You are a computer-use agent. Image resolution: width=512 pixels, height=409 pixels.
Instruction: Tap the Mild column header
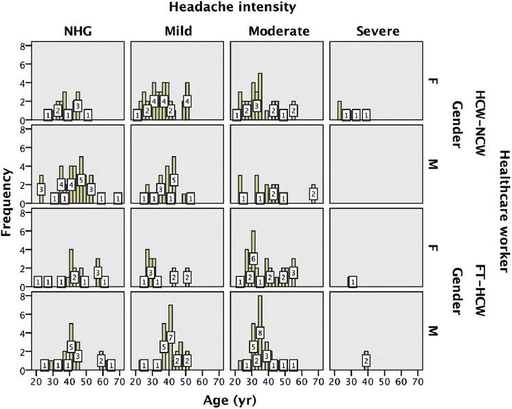[x=178, y=31]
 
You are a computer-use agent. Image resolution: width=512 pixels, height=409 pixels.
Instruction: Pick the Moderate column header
[x=279, y=31]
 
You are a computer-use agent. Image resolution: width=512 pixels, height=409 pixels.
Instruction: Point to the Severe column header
[x=377, y=31]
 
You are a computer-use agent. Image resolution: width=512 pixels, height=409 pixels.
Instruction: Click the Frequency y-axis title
[x=9, y=203]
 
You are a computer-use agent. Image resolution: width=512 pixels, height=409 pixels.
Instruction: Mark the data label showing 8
[x=260, y=333]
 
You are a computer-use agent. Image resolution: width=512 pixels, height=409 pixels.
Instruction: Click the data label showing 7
[x=170, y=337]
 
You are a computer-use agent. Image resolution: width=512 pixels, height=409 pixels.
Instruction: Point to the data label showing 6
[x=253, y=258]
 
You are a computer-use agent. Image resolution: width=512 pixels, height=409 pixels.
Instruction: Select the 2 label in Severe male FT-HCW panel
[x=366, y=361]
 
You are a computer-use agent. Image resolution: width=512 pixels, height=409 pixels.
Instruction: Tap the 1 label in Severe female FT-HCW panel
[x=353, y=282]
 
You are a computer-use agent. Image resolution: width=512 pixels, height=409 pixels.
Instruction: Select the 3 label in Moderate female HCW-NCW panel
[x=256, y=106]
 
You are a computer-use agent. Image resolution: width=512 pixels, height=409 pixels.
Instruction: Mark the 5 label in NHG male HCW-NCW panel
[x=81, y=180]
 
